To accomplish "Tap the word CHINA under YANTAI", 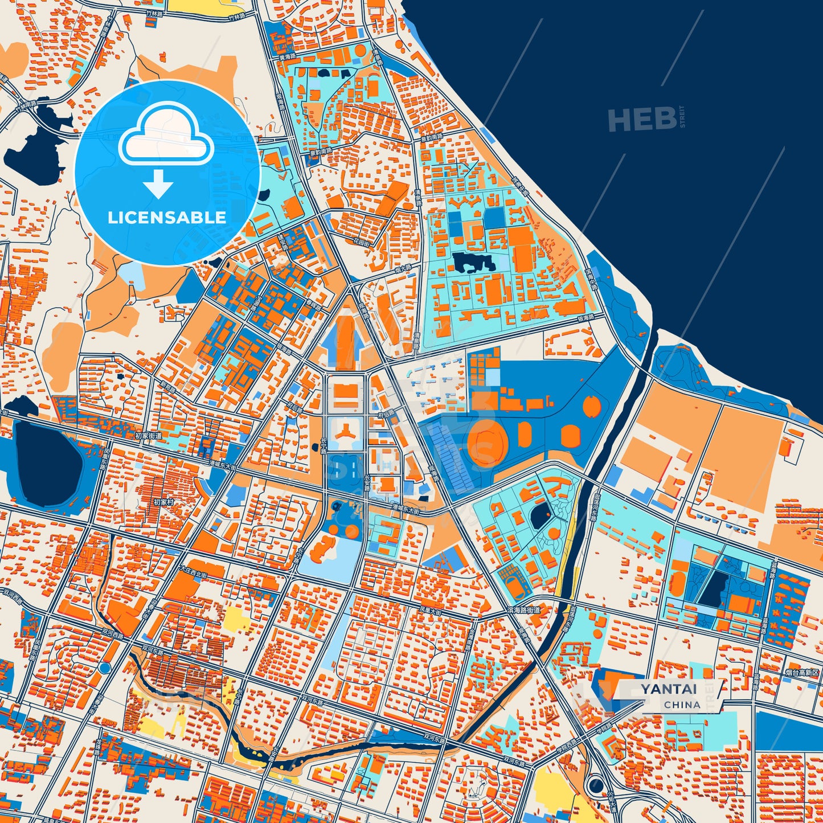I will tap(682, 705).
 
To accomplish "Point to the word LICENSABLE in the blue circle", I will tap(167, 218).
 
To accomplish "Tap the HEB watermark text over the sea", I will tap(642, 120).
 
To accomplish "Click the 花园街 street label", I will tap(362, 243).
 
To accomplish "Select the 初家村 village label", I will tap(164, 503).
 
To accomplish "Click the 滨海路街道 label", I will tap(523, 610).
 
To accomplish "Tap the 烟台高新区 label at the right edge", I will tap(802, 673).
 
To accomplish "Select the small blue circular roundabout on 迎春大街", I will tap(104, 667).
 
